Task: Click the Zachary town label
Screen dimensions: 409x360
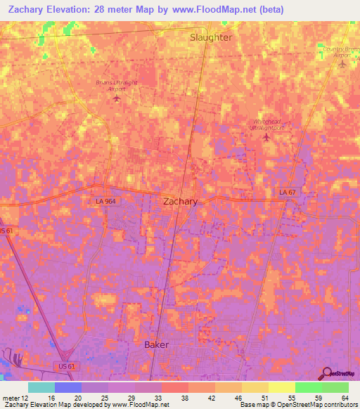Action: pos(180,201)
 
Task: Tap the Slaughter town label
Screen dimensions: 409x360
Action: pos(211,37)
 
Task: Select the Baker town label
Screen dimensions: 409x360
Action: pos(157,345)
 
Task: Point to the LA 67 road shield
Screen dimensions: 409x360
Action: pos(285,192)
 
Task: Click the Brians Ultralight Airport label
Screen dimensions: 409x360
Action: pos(116,86)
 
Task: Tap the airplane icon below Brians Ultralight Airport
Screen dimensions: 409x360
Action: pos(117,98)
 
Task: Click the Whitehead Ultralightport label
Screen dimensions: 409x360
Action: pos(267,124)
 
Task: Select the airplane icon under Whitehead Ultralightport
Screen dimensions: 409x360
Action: pos(266,137)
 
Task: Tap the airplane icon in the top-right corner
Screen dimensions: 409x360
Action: pos(342,65)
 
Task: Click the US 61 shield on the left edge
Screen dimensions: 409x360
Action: pos(6,231)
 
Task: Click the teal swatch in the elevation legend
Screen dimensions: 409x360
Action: pos(41,387)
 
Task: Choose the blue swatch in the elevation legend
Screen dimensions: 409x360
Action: pos(68,387)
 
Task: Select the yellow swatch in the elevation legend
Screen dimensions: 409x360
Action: pos(281,387)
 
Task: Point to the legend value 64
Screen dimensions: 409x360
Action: pos(344,397)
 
